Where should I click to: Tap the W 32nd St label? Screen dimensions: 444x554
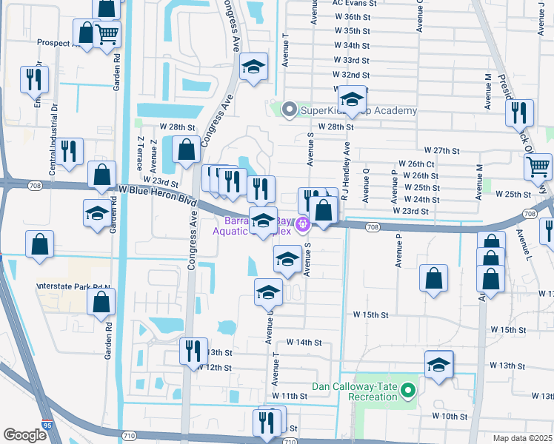352,75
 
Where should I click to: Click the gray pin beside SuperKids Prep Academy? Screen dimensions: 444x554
289,111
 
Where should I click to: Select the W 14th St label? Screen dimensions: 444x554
304,343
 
